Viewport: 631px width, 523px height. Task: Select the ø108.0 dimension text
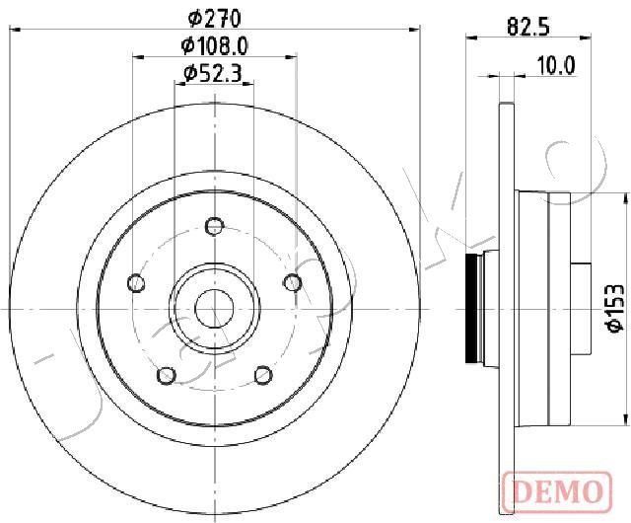213,44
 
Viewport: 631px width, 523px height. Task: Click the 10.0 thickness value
555,65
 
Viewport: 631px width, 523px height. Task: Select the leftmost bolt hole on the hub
136,284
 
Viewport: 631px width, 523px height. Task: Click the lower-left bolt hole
167,376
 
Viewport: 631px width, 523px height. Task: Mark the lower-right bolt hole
263,376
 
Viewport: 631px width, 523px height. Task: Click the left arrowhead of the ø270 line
14,30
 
